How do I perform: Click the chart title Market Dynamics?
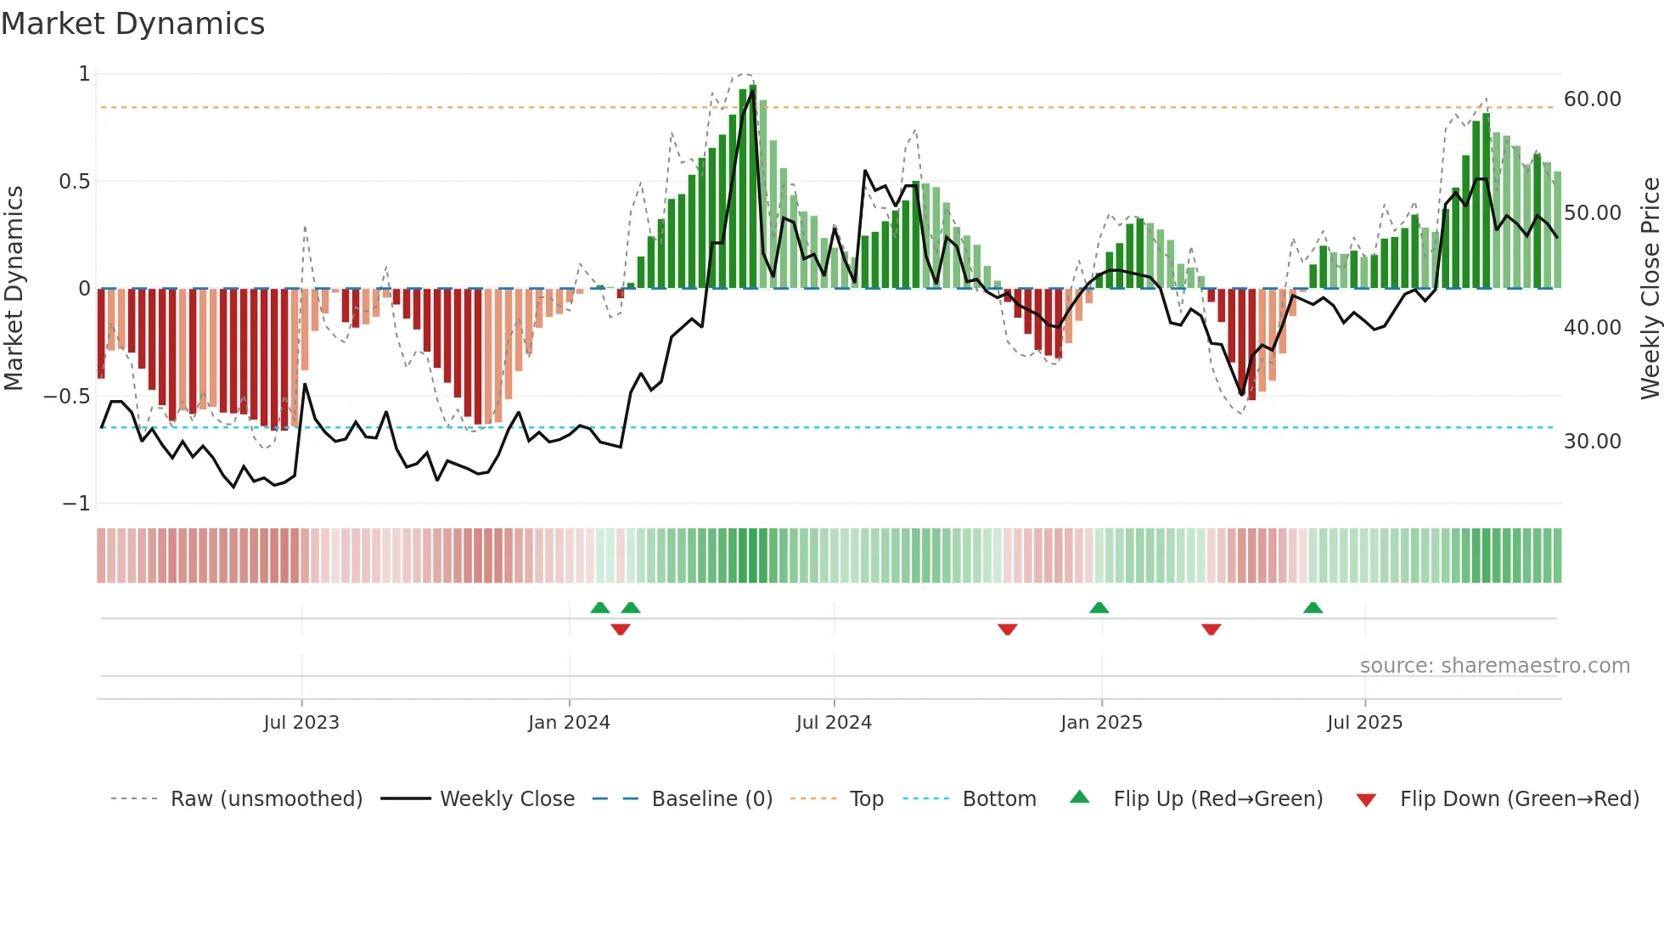click(x=132, y=24)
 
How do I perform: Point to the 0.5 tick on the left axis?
click(x=74, y=181)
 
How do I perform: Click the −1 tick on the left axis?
click(x=76, y=504)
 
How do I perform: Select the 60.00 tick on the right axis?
click(x=1592, y=99)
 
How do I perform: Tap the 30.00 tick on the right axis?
click(x=1592, y=442)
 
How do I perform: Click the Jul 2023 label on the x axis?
click(x=301, y=723)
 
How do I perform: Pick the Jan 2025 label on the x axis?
click(x=1101, y=723)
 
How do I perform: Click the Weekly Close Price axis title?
click(x=1650, y=289)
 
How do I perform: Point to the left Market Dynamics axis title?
click(x=14, y=289)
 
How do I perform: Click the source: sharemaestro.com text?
click(x=1494, y=666)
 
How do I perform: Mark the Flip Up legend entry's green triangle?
click(x=1079, y=798)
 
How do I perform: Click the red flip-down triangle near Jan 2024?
click(x=621, y=629)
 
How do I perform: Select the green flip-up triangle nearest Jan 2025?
click(x=1099, y=607)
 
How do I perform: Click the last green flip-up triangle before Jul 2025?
click(x=1313, y=607)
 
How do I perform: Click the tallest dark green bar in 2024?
click(x=753, y=187)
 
